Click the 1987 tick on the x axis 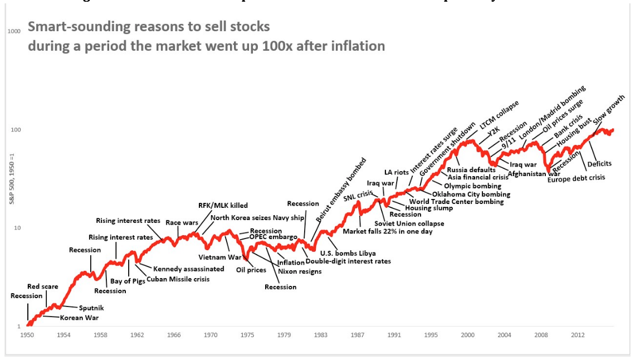[358, 335]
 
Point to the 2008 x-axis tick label [540, 335]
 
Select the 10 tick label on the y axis [17, 228]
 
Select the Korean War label [79, 318]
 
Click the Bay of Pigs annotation [128, 281]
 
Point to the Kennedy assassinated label [189, 269]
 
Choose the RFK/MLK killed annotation [223, 206]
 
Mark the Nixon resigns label [300, 271]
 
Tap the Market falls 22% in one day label [388, 231]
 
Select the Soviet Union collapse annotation [409, 223]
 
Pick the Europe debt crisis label [576, 178]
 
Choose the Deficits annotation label [599, 164]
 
